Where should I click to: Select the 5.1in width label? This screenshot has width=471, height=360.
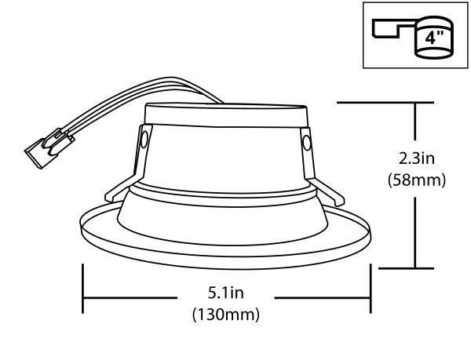(226, 296)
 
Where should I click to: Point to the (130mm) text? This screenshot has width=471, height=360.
(226, 315)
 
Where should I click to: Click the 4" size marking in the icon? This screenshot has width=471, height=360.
(432, 36)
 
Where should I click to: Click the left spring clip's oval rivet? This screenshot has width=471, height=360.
(144, 139)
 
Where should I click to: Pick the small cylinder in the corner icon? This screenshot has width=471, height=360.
(432, 39)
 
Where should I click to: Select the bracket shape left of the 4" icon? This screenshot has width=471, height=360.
(391, 29)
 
